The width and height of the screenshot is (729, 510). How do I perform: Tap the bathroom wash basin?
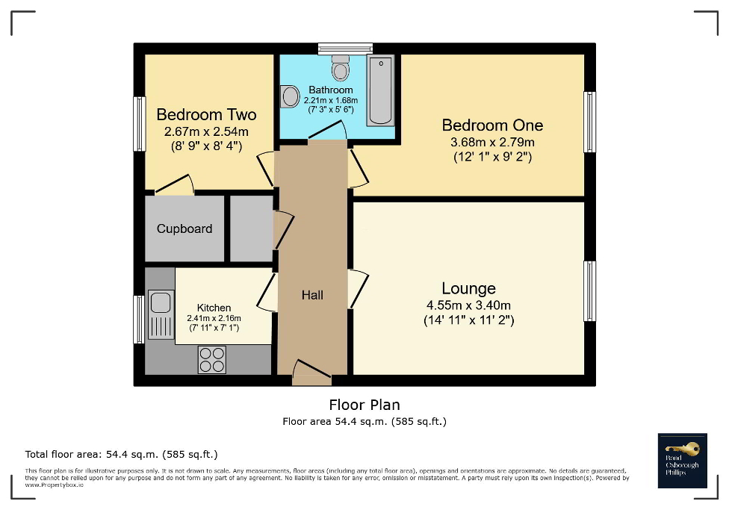(x=288, y=96)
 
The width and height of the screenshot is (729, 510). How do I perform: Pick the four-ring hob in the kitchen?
(x=212, y=360)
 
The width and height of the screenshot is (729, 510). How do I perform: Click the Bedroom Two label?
(x=206, y=114)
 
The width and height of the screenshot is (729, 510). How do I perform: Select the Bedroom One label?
(x=492, y=125)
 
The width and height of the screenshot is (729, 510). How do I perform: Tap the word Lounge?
(x=468, y=288)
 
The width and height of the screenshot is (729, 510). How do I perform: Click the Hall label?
(x=312, y=295)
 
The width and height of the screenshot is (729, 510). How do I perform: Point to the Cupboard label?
(x=184, y=228)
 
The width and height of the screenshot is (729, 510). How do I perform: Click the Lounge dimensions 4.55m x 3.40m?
(x=468, y=305)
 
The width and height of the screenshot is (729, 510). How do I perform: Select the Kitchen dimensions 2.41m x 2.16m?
(x=214, y=319)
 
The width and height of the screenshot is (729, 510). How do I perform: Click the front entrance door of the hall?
(x=311, y=373)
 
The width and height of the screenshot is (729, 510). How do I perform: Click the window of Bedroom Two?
(x=139, y=124)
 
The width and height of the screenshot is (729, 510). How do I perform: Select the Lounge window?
(x=590, y=291)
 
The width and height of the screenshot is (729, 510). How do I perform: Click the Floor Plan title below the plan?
(x=364, y=405)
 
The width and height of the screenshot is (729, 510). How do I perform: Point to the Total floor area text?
(x=121, y=454)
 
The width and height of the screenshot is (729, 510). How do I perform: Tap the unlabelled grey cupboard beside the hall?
(x=250, y=228)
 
